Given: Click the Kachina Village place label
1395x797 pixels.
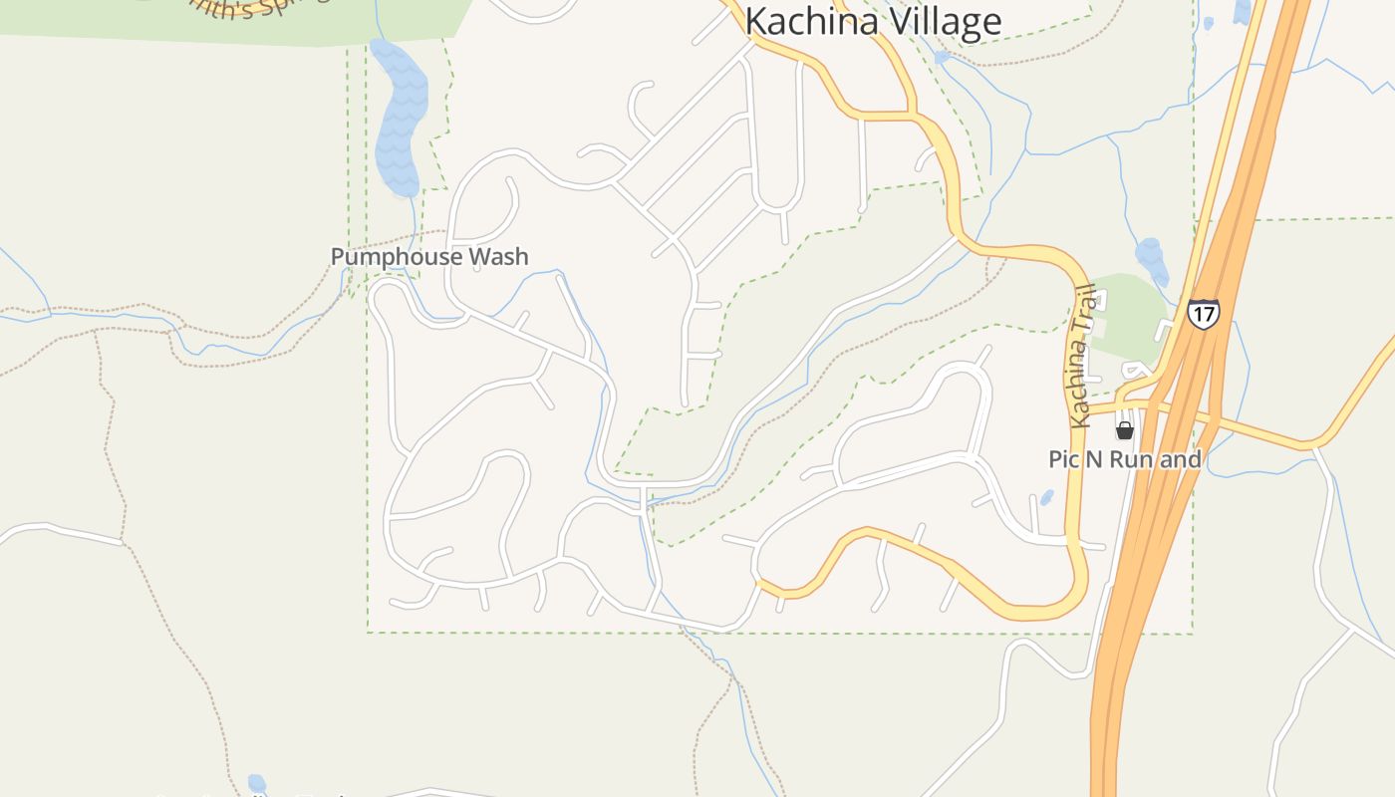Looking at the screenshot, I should [873, 21].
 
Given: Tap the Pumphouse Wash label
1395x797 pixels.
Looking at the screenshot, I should [429, 257].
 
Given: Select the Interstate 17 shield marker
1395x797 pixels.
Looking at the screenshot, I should [1204, 314].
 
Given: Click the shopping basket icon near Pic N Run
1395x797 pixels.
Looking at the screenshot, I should [1125, 430].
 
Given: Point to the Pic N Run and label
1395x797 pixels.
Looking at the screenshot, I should [1125, 459].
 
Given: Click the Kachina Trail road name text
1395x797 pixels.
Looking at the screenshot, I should [1080, 357].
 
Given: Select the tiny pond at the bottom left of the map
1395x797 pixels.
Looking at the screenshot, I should [257, 784].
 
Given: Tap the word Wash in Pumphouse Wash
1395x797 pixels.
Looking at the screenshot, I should [498, 257].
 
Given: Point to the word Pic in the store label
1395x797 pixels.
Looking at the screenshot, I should [1066, 459].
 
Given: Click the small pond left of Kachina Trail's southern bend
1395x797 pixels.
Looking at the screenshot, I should [1047, 496].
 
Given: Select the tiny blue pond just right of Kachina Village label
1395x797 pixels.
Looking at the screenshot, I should [942, 58].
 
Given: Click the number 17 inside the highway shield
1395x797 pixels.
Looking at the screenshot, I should [1204, 315].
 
